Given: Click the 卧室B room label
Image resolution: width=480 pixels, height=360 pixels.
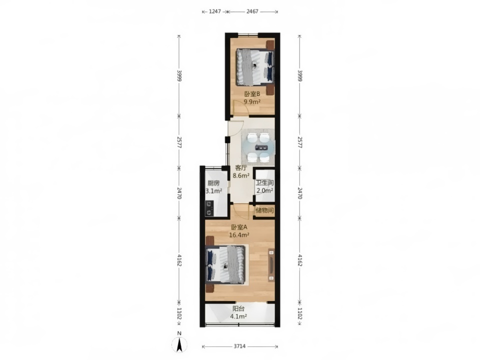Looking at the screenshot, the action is pyautogui.click(x=252, y=94).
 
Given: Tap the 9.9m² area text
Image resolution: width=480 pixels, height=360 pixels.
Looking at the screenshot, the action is pyautogui.click(x=252, y=102).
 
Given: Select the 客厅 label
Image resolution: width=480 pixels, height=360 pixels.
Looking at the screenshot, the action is pyautogui.click(x=241, y=168).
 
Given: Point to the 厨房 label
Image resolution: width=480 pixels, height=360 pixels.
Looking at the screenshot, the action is pyautogui.click(x=213, y=183).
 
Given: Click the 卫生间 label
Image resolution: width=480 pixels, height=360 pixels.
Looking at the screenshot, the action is pyautogui.click(x=265, y=183).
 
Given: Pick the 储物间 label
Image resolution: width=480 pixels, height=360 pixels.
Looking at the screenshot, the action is pyautogui.click(x=264, y=210).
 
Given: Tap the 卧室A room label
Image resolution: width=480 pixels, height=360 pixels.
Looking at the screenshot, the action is pyautogui.click(x=239, y=227).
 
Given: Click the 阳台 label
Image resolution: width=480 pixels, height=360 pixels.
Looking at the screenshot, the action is pyautogui.click(x=238, y=308).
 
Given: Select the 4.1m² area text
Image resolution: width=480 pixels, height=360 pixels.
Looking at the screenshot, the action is pyautogui.click(x=238, y=316).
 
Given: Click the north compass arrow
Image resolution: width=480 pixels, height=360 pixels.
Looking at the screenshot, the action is pyautogui.click(x=179, y=344).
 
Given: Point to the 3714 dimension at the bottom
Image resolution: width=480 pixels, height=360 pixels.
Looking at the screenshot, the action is pyautogui.click(x=239, y=346).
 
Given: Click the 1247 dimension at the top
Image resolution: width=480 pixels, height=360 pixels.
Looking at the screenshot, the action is pyautogui.click(x=215, y=11).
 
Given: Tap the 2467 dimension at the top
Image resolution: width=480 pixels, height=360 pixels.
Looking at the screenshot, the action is pyautogui.click(x=252, y=11).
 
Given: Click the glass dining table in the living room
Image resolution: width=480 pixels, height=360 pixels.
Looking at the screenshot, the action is pyautogui.click(x=259, y=147).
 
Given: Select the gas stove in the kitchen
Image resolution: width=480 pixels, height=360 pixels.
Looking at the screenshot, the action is pyautogui.click(x=209, y=208).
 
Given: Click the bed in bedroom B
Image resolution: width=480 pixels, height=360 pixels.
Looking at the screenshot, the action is pyautogui.click(x=254, y=67).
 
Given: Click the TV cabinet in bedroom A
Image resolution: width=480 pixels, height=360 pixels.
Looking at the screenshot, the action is pyautogui.click(x=271, y=265).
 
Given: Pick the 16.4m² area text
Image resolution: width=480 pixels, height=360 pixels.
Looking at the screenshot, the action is pyautogui.click(x=239, y=235).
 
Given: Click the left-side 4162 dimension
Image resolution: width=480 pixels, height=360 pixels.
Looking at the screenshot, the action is pyautogui.click(x=179, y=260).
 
